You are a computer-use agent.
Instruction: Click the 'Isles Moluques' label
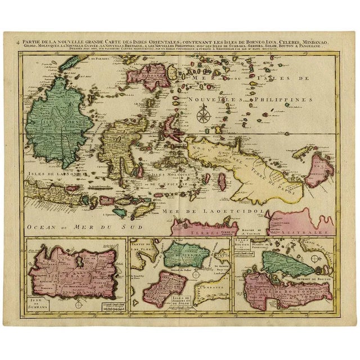169,174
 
